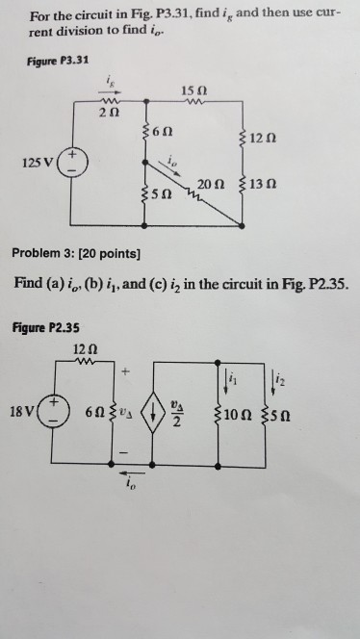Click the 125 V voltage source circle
[x=72, y=163]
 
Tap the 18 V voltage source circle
[x=53, y=412]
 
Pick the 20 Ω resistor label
[x=211, y=185]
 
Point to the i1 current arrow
[x=225, y=384]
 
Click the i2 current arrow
[x=272, y=384]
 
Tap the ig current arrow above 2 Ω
[x=109, y=92]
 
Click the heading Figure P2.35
[x=45, y=327]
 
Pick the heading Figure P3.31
[x=59, y=62]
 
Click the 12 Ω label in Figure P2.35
[x=86, y=349]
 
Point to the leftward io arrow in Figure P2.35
[x=131, y=473]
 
